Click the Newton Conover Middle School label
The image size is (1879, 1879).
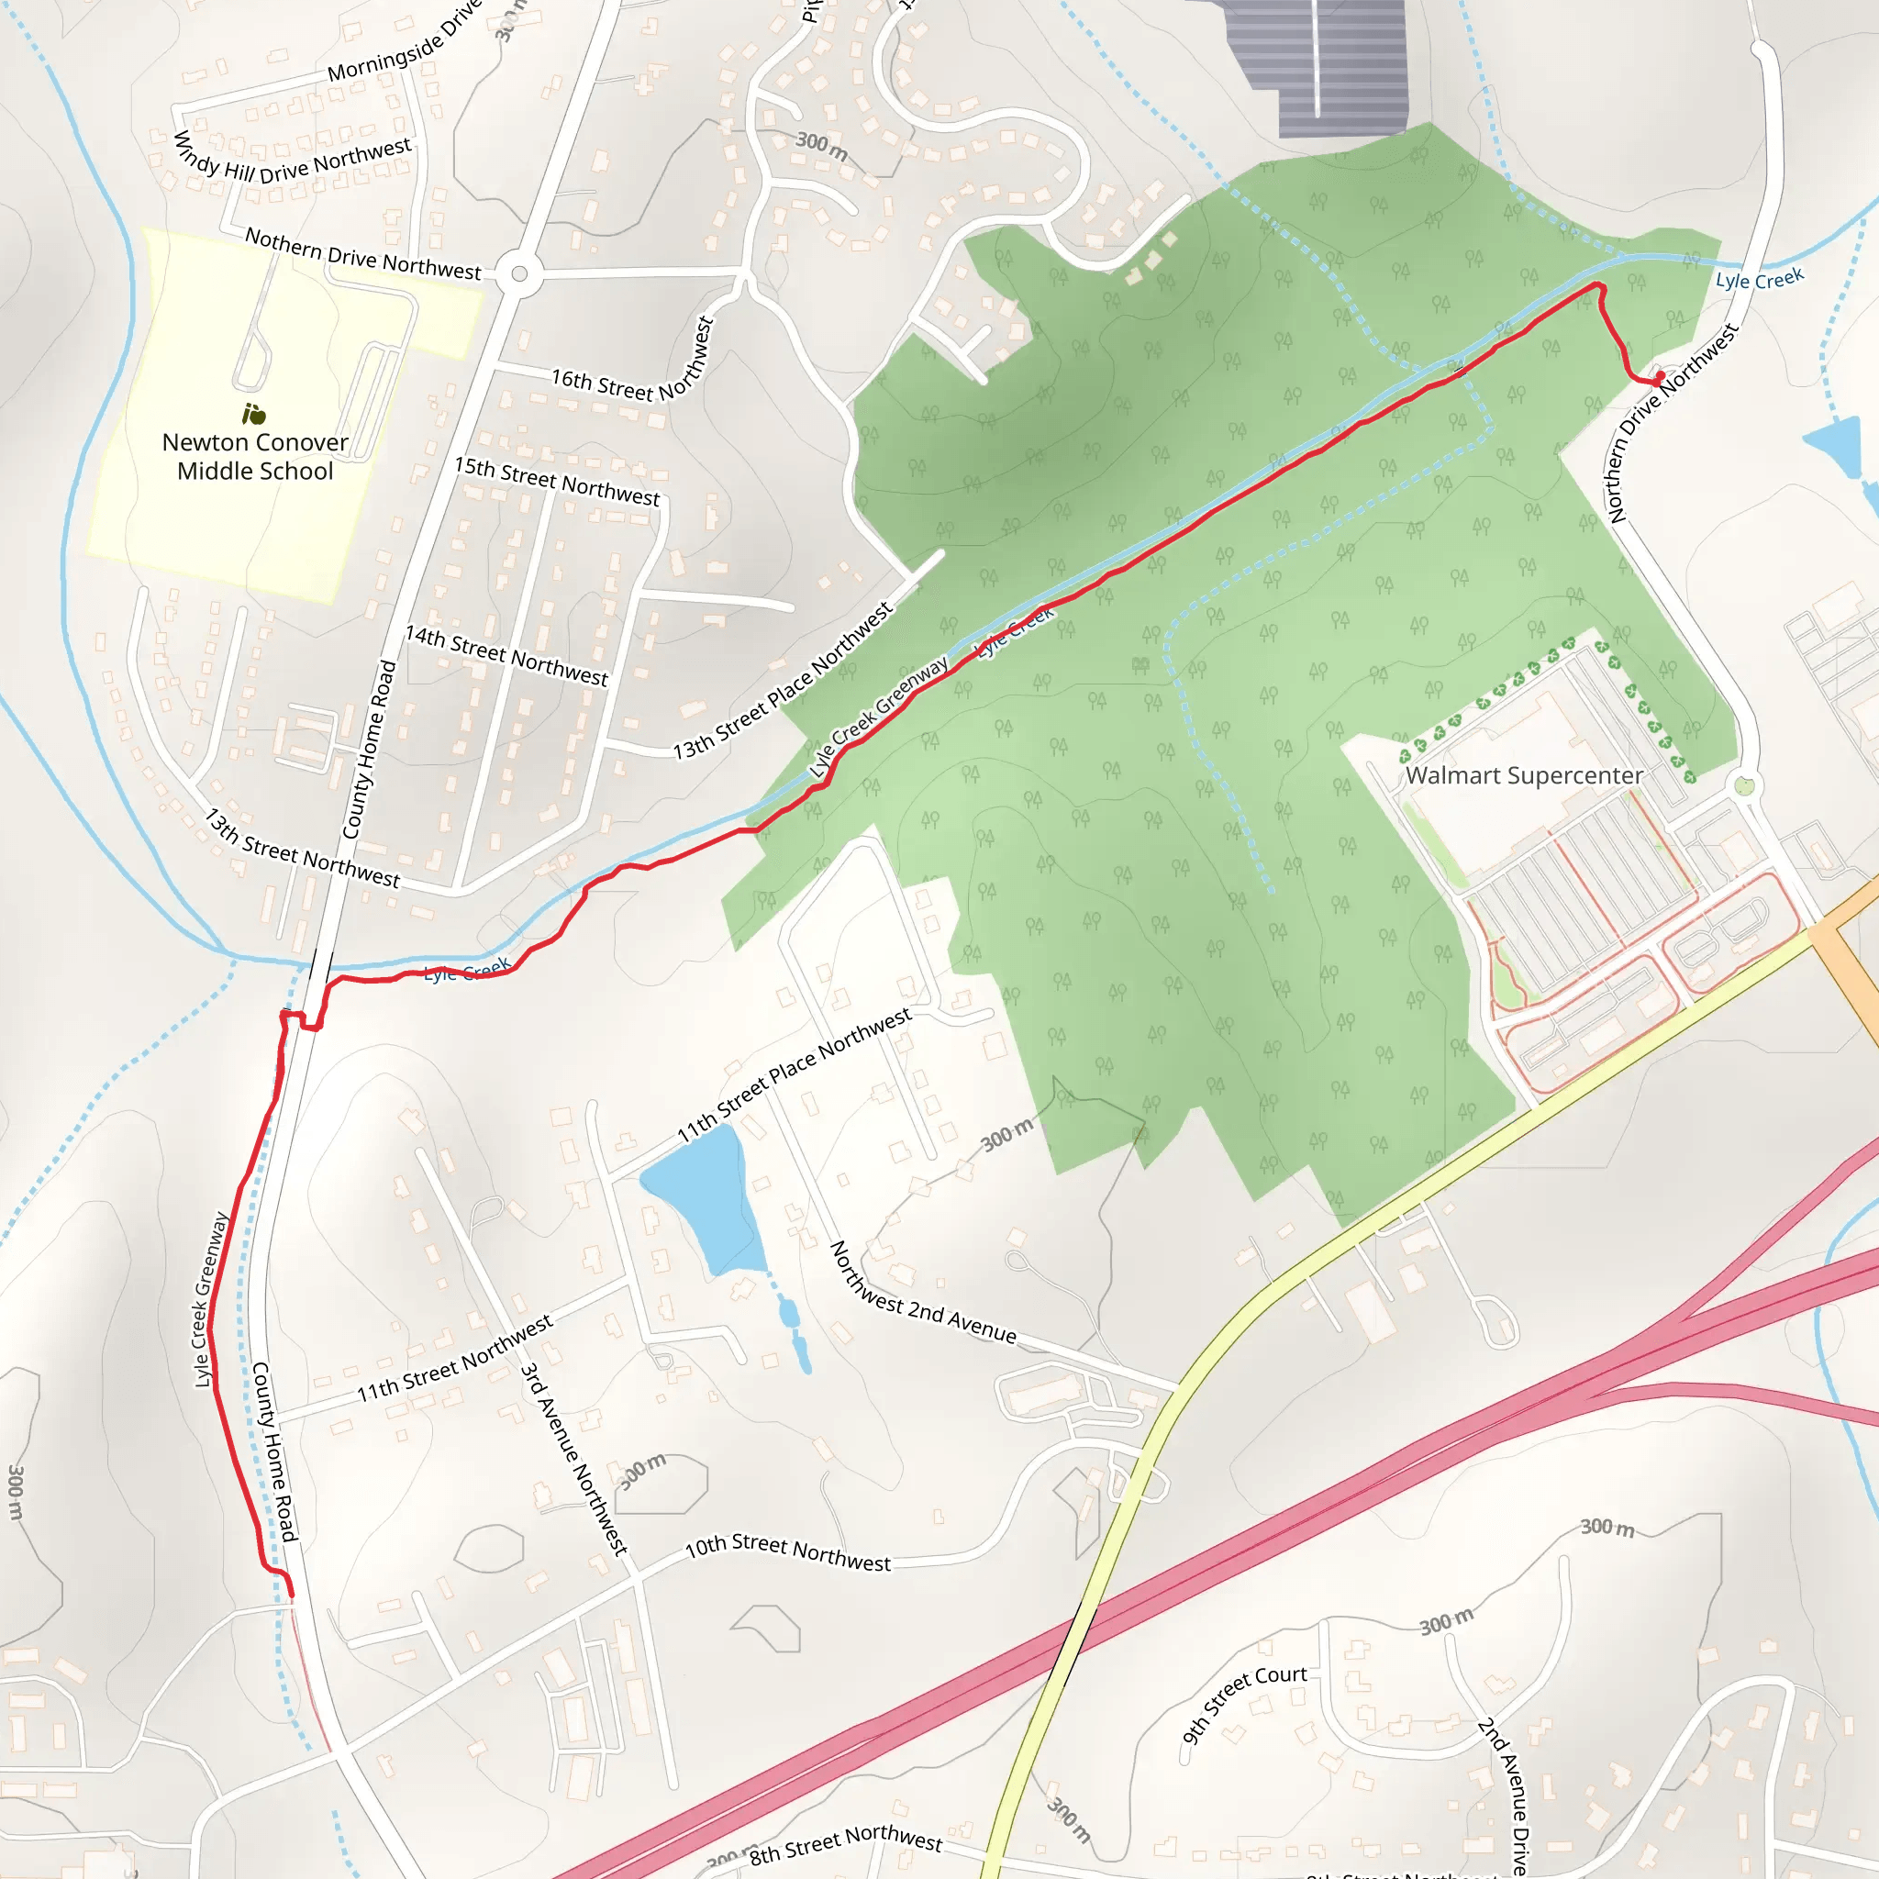(255, 456)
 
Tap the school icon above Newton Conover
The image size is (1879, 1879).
(254, 415)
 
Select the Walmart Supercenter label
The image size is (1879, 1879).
(1523, 775)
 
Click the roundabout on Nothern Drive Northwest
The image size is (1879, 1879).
(519, 274)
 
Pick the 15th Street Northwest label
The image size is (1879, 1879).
(557, 482)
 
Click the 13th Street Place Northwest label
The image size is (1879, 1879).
(783, 681)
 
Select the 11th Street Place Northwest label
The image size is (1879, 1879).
(795, 1074)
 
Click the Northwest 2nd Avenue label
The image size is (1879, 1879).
(922, 1293)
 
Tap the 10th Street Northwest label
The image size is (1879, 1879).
(788, 1552)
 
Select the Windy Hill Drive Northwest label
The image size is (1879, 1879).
(292, 161)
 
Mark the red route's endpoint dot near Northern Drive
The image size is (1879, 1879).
(1659, 376)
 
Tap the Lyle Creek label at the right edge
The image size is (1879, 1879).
(1760, 279)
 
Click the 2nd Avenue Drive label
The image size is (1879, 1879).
(1504, 1795)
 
